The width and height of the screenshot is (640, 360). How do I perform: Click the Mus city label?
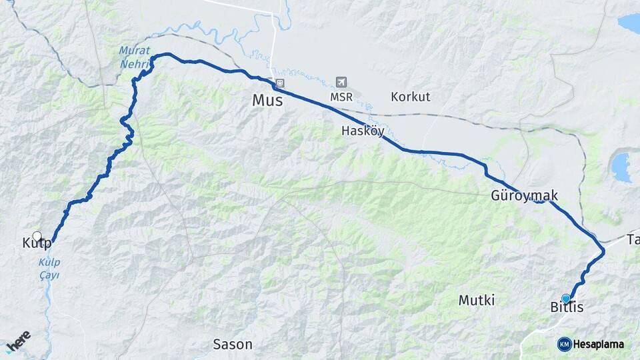(267, 101)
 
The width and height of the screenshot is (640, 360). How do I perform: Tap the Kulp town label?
(37, 243)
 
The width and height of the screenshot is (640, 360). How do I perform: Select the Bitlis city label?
(567, 307)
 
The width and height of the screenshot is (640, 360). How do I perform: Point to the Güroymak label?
(524, 196)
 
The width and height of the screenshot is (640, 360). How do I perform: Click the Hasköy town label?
(363, 131)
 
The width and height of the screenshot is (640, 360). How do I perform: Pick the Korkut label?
(410, 97)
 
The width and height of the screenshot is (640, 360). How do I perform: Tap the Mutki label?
(476, 301)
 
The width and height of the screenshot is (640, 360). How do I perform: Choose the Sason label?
(232, 345)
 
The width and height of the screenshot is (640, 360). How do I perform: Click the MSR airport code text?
(341, 97)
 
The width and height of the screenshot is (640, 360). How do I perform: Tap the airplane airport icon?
(341, 82)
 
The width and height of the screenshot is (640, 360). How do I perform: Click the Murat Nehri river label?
(134, 57)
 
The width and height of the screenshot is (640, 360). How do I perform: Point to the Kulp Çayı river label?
(49, 269)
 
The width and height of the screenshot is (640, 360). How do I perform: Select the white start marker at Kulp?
(37, 236)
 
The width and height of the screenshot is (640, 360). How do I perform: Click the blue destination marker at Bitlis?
(566, 298)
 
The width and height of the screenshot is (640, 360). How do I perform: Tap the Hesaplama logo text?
(599, 345)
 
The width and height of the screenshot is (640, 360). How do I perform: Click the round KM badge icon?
(564, 345)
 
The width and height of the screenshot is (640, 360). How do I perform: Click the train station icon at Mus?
(279, 83)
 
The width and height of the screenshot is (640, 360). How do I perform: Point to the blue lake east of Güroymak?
(621, 167)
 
